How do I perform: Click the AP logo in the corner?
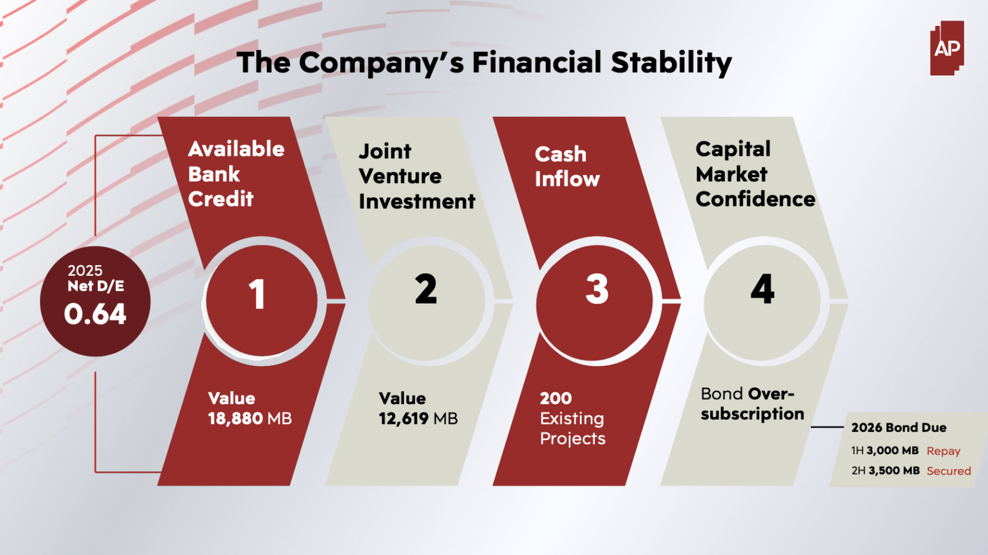coord(947,48)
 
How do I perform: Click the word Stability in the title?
coord(671,62)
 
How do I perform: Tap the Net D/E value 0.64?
coord(95,314)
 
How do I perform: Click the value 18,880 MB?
coord(249,418)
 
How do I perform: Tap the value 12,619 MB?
coord(418,418)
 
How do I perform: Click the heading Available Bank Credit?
coord(236,174)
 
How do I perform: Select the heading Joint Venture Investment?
coord(417,177)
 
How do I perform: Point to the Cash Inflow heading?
coord(567,167)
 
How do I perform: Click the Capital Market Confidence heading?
coord(755,174)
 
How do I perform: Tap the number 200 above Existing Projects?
coord(556,398)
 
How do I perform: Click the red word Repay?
coord(944,451)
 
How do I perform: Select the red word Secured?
coord(948,471)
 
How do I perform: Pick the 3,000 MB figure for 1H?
coord(892,451)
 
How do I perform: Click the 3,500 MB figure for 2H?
coord(894,470)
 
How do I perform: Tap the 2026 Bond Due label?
coord(898,428)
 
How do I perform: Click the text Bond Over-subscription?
coord(753,404)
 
